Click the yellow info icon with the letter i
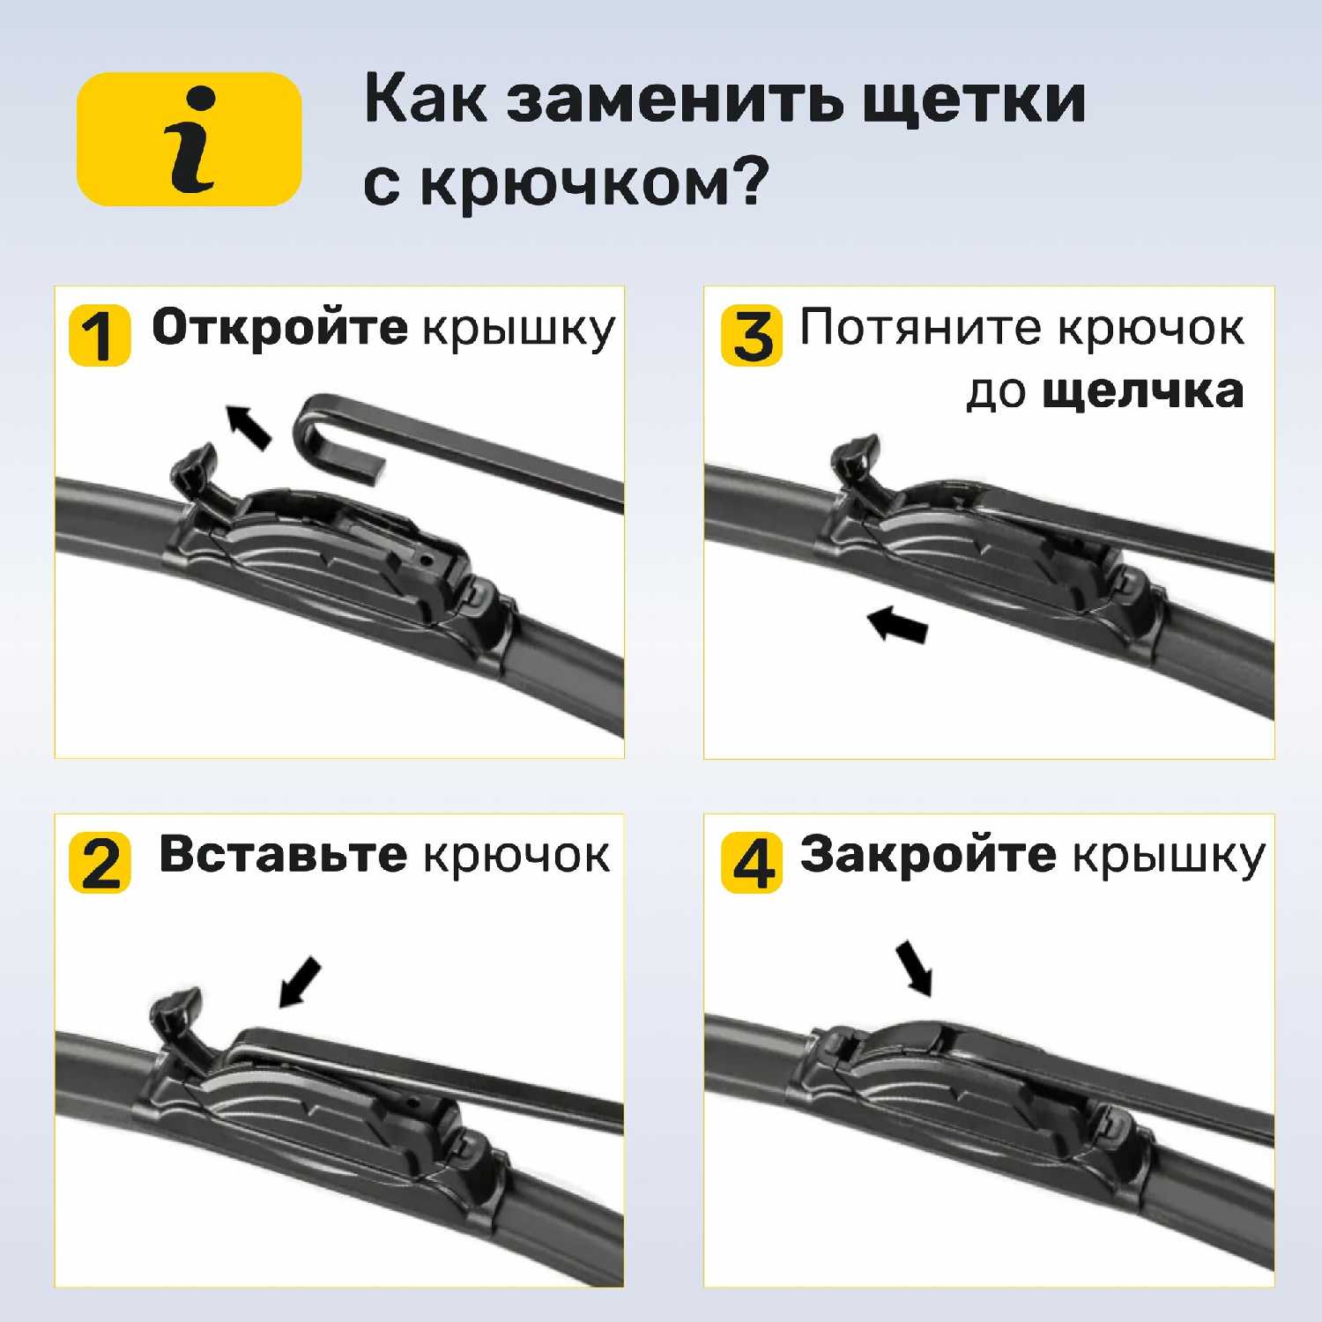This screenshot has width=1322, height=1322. coord(189,139)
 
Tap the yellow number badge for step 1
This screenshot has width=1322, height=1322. coord(100,336)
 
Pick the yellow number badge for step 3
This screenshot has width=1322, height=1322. coord(752,336)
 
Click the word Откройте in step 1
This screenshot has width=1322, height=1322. coord(279,329)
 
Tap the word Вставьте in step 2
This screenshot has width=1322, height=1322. coord(283,855)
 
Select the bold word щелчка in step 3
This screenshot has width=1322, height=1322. coord(1143,392)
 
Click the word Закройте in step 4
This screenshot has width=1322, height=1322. coord(927,856)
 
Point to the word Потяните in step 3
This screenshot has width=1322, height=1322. coord(920,328)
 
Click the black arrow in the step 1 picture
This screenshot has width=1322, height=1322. coord(249,427)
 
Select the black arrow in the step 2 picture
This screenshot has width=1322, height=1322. coord(300,982)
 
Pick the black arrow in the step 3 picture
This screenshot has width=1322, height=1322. coord(898,624)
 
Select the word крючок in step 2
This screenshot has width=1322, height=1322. coord(516,857)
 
